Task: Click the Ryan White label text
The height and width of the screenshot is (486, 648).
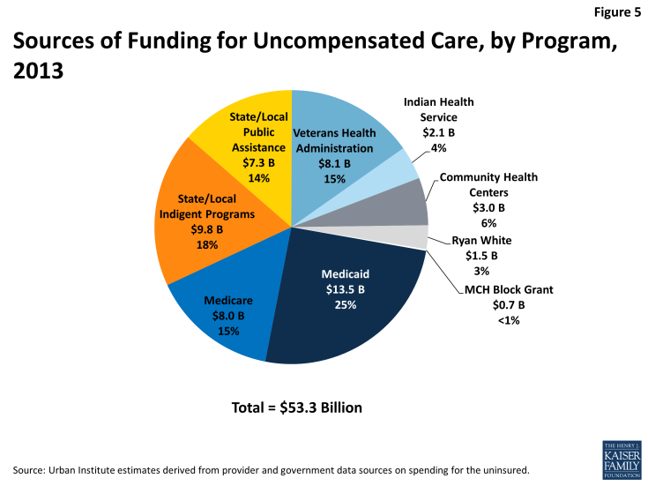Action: point(481,240)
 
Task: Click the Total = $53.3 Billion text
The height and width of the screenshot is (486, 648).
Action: point(297,407)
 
